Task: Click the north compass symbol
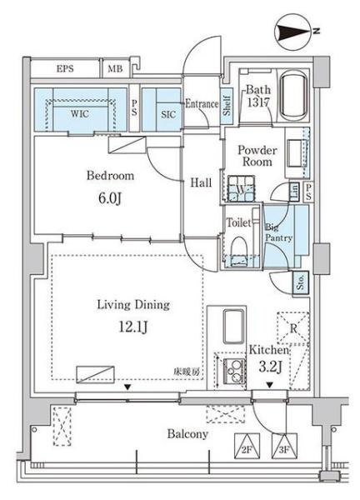[292, 32]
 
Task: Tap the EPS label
[65, 68]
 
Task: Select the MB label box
[115, 68]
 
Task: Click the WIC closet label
[80, 114]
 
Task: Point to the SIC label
[168, 114]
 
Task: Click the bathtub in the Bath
[293, 95]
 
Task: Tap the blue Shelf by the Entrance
[227, 106]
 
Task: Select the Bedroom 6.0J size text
[110, 198]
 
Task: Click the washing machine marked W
[242, 189]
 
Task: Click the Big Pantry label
[278, 232]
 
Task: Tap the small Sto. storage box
[301, 282]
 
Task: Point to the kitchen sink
[234, 326]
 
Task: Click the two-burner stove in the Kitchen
[234, 372]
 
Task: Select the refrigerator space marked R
[293, 328]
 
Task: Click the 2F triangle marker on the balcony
[247, 446]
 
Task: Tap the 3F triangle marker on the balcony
[284, 446]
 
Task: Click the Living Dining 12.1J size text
[133, 327]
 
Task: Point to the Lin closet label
[295, 191]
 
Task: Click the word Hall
[201, 182]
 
